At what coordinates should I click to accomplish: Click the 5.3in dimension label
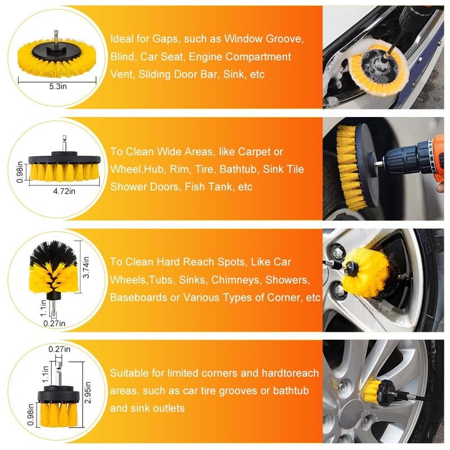58,87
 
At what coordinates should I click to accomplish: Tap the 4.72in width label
64,191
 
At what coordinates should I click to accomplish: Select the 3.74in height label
86,267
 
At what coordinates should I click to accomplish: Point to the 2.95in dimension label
88,392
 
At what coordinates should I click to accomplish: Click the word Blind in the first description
122,57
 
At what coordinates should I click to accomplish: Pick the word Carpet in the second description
254,152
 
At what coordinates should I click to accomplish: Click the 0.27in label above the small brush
60,349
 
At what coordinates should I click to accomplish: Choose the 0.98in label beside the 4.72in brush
20,172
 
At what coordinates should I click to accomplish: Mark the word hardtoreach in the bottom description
290,373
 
